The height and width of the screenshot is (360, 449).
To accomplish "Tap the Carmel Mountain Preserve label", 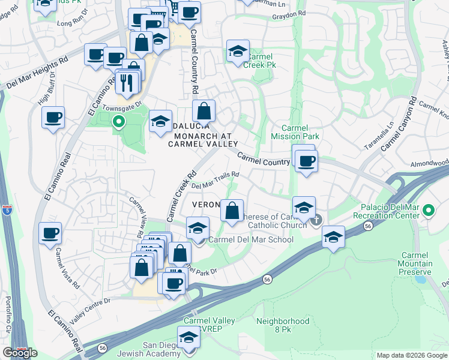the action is pos(415,263).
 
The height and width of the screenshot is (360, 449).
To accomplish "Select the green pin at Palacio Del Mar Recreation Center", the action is pos(428,211).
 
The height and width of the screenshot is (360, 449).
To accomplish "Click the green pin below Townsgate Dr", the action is pos(118,122).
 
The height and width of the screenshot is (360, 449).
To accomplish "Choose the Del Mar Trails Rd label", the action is pos(215,179).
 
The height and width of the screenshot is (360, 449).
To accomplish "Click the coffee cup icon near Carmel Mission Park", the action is pos(307,161).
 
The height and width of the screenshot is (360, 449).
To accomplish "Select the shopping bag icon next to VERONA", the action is pos(232,211).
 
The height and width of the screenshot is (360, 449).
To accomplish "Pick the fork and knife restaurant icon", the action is pos(126,82).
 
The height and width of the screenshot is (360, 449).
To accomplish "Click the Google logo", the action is pos(20,353).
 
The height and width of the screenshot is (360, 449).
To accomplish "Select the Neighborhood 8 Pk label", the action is pos(282,325).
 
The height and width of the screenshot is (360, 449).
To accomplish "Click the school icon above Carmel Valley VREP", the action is pos(188,337).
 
